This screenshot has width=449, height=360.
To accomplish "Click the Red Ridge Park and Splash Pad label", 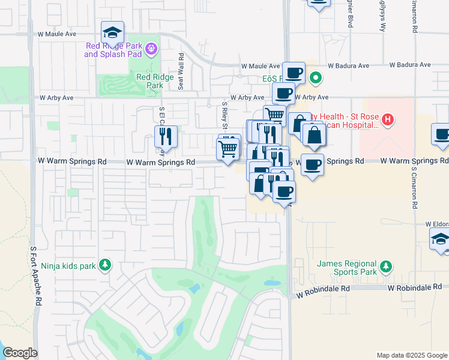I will pos(113,50).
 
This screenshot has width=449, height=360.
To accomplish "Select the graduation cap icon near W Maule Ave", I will pos(112,32).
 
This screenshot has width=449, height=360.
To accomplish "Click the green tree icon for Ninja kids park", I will pos(105,265).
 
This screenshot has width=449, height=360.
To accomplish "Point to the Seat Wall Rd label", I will pos(180,71).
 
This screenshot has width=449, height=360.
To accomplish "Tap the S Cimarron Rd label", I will pos(414,186).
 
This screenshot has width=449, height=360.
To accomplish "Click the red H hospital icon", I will pos(388,120).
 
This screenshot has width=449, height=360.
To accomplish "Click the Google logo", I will pos(20,353).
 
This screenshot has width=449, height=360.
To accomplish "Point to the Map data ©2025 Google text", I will pos(411,355).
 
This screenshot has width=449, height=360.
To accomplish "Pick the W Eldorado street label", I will pos(437,224).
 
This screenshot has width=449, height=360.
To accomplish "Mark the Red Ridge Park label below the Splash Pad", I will pos(149,81).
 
